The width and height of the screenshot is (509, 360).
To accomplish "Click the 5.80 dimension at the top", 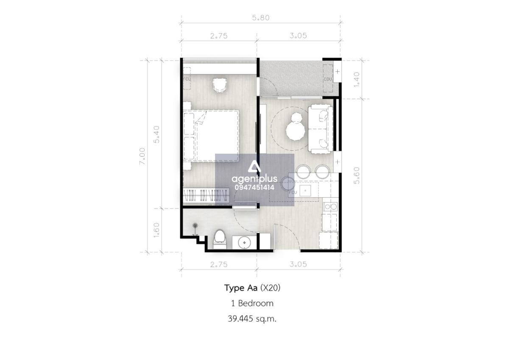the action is (260, 18).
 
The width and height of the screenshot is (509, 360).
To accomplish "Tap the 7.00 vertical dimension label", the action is (143, 157).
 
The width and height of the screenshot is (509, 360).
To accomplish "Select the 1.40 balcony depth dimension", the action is (357, 79).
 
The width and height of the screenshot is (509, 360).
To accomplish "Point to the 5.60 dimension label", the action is (357, 175).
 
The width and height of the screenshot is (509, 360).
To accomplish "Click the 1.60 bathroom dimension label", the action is (157, 230).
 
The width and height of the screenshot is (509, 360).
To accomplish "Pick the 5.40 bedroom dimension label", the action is (157, 134).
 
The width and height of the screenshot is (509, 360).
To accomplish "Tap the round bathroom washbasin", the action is (244, 243).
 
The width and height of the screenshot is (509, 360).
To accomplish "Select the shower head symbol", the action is (195, 225).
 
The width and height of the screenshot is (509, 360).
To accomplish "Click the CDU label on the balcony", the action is (328, 79).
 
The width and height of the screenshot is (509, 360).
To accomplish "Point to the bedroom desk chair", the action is (220, 85).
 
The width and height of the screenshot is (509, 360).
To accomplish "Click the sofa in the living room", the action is (320, 129).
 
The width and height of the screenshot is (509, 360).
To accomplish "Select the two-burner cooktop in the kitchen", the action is (330, 207).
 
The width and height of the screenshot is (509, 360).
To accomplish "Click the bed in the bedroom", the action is (211, 136).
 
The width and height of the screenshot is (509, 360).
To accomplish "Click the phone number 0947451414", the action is (255, 187).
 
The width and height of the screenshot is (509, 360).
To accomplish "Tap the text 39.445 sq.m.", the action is (252, 319).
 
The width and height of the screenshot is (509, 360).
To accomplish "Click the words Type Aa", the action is (241, 288).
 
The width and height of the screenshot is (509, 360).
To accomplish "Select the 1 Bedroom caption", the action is (252, 304).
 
